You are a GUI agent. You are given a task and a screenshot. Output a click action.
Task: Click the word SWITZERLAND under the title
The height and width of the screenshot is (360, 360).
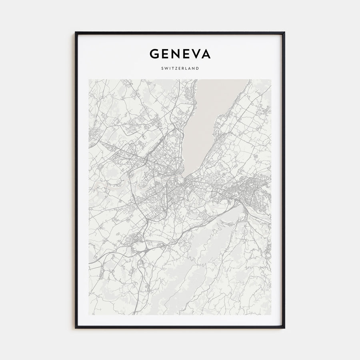point(180,68)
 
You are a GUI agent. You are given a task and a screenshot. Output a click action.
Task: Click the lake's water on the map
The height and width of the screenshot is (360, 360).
point(208,112)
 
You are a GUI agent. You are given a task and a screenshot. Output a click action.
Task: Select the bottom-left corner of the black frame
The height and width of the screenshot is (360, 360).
point(76,328)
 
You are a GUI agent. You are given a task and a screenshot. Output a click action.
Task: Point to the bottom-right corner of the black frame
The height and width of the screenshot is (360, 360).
point(284,328)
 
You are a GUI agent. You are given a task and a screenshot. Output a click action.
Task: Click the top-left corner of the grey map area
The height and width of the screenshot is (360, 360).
point(89,80)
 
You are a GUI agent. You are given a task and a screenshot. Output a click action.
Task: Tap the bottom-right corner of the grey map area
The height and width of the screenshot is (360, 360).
point(271,314)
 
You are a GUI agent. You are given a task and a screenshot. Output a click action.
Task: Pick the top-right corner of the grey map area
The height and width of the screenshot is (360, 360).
point(271,80)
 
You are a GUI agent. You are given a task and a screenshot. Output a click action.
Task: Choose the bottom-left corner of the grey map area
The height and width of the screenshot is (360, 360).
point(89,314)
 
